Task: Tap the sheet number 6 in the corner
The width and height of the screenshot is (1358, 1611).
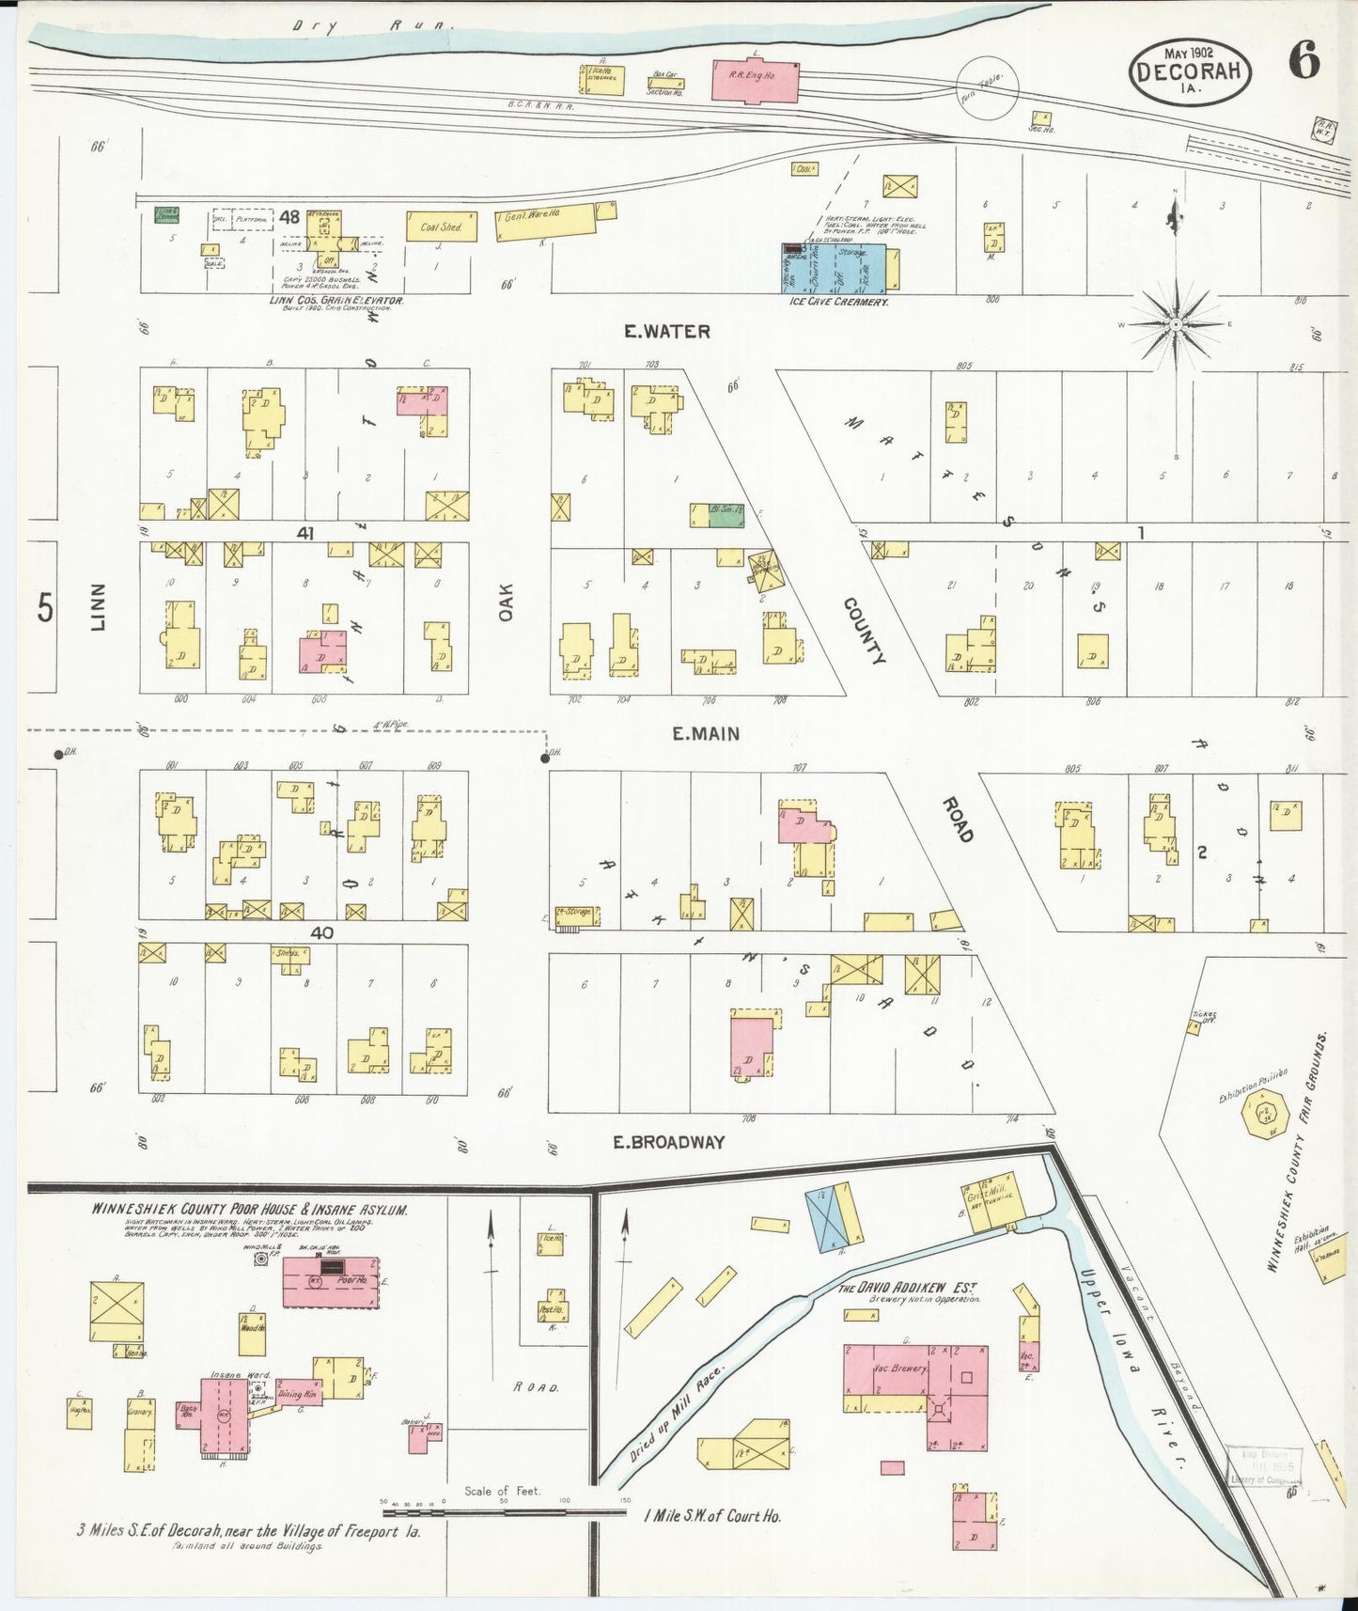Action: click(x=1303, y=62)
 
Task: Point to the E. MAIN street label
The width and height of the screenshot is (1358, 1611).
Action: click(x=706, y=734)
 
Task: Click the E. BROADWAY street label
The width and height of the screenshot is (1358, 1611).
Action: click(x=668, y=1142)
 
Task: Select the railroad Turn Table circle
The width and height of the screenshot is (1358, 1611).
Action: click(x=987, y=87)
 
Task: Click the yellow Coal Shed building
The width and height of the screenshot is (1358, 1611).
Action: click(x=438, y=227)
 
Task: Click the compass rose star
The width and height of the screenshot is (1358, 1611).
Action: click(x=1175, y=324)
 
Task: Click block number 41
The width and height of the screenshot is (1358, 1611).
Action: click(x=304, y=533)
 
